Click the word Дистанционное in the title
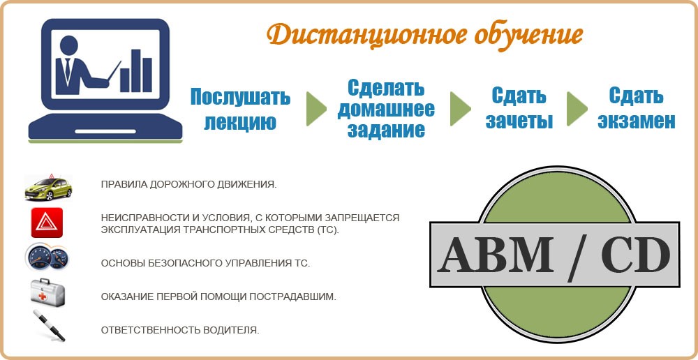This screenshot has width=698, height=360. [x=361, y=35]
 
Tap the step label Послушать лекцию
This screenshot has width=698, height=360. [x=240, y=109]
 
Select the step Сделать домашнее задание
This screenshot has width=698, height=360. [x=386, y=109]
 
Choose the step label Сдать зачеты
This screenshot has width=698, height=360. [x=519, y=108]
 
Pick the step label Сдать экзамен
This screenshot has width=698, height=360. [x=637, y=108]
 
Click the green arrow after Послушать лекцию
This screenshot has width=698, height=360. [x=316, y=109]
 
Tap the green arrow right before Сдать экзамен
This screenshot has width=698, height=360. [x=577, y=109]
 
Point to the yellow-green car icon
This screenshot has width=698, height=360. [x=48, y=188]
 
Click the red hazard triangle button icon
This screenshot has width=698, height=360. [x=47, y=223]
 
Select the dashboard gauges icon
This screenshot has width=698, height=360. [x=46, y=257]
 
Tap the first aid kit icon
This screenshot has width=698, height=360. [x=47, y=292]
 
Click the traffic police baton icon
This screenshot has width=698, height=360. [x=49, y=326]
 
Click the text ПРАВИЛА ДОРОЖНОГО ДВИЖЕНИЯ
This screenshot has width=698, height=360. [x=188, y=185]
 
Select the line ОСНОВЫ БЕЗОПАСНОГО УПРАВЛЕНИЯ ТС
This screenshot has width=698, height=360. [x=205, y=263]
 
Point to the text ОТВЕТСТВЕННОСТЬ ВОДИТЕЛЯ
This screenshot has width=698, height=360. [x=180, y=331]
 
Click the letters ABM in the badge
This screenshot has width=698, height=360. [x=496, y=255]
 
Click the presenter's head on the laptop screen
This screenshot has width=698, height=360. [x=69, y=45]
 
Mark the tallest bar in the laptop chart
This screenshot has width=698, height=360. [x=135, y=70]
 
